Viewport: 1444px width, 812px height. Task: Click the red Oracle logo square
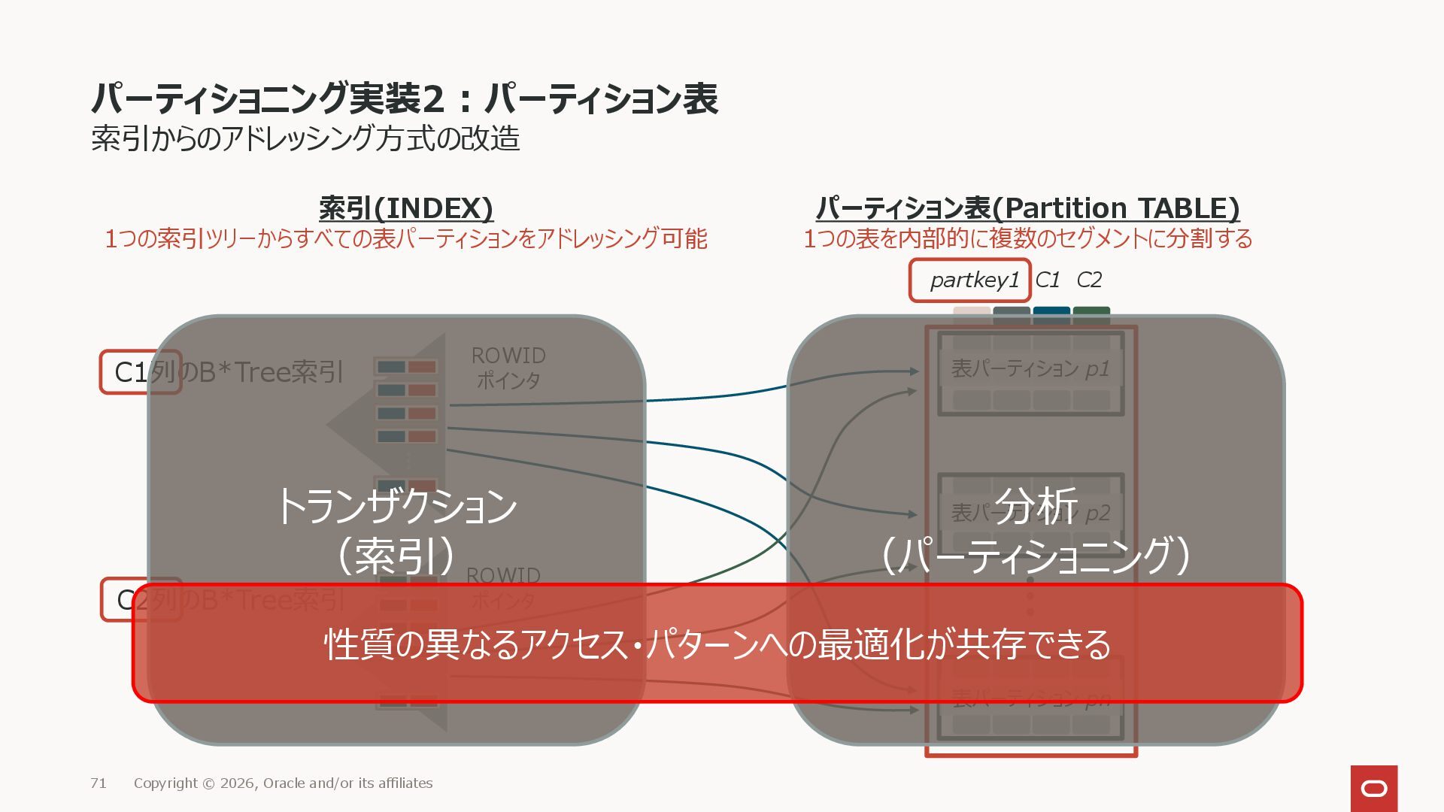(1373, 788)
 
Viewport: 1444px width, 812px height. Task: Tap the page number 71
(99, 783)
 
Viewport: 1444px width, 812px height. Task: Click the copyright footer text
(283, 783)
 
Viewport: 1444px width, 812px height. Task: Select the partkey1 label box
(969, 280)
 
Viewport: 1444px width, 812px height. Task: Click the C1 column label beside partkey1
(1047, 280)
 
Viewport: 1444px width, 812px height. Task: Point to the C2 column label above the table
(1088, 280)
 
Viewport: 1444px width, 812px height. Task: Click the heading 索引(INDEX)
(406, 208)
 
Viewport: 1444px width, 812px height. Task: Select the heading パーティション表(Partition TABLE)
(1027, 208)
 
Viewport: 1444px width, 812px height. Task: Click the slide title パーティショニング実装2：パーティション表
(405, 98)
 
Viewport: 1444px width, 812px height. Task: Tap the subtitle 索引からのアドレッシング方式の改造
(305, 139)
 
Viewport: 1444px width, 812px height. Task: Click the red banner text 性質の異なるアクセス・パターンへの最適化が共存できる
(717, 644)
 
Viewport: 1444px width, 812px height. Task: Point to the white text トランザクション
(397, 506)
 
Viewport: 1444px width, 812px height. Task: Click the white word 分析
(1036, 506)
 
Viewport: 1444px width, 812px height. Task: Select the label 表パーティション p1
(1030, 369)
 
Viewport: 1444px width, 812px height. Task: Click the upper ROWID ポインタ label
(508, 368)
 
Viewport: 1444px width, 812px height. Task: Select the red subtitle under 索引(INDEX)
(406, 239)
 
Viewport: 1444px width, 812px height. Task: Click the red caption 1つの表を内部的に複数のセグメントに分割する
(1027, 239)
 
